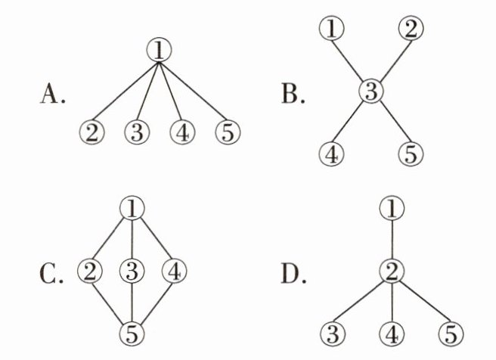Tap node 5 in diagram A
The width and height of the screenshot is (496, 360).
[227, 132]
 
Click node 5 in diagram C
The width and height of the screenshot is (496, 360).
[134, 331]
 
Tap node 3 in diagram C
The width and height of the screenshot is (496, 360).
[134, 270]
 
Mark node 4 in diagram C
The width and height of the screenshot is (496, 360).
[175, 270]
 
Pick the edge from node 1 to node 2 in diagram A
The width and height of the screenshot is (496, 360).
[125, 91]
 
